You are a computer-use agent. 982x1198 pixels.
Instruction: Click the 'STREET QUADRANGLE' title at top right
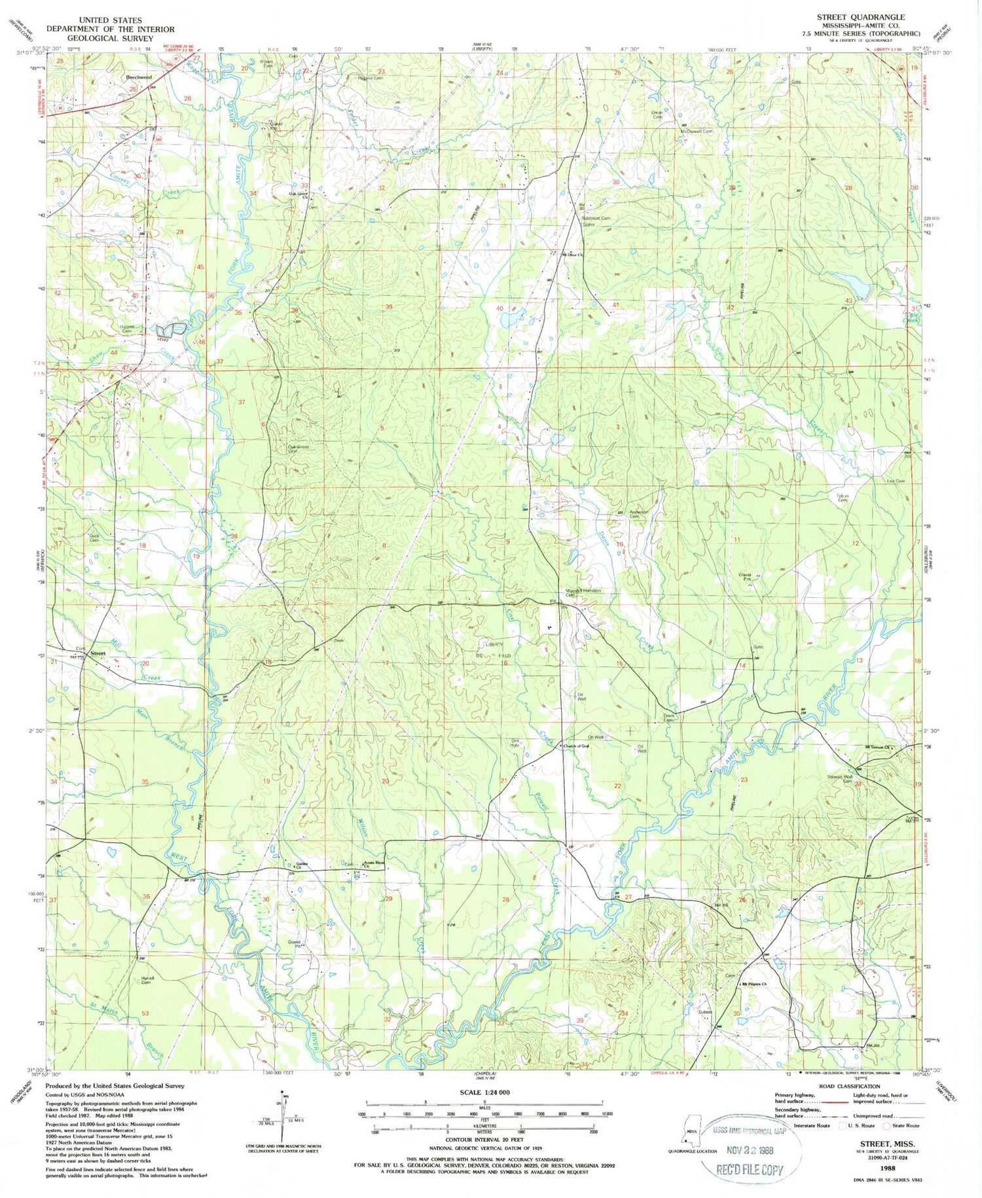(860, 17)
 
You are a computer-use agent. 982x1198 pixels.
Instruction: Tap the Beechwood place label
(139, 77)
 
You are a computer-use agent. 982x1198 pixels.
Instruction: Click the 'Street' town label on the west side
(98, 653)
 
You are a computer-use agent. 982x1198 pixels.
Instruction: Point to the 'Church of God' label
(577, 746)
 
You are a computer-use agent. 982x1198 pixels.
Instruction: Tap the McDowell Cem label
(696, 132)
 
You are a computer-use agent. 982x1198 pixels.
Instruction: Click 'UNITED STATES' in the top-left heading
(111, 20)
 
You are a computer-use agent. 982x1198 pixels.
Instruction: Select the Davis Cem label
(668, 717)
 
